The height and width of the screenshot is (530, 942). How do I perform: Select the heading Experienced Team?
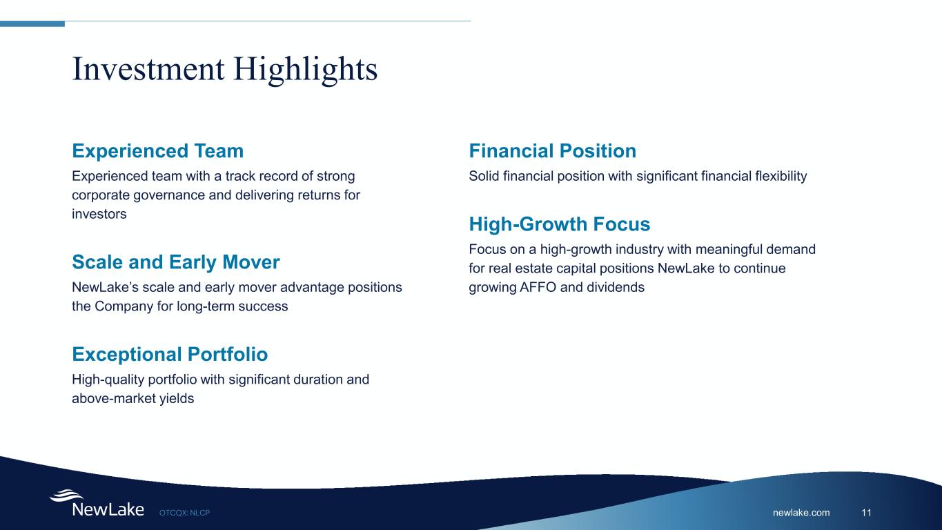(x=158, y=151)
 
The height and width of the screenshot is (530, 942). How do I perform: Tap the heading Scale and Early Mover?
(x=176, y=262)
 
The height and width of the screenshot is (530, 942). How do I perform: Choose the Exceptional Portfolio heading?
(x=170, y=354)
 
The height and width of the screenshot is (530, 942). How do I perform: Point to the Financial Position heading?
(x=553, y=151)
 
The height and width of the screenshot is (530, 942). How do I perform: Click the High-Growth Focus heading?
(x=559, y=224)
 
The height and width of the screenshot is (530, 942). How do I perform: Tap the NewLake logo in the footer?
(x=97, y=504)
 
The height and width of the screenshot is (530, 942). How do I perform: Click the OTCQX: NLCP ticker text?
(x=184, y=513)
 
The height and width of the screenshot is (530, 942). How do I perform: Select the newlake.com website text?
(x=801, y=513)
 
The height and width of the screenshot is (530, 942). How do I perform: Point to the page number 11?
(x=866, y=513)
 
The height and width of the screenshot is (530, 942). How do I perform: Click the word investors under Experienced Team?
(x=99, y=214)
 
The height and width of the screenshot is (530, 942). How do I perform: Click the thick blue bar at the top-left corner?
(x=32, y=23)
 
